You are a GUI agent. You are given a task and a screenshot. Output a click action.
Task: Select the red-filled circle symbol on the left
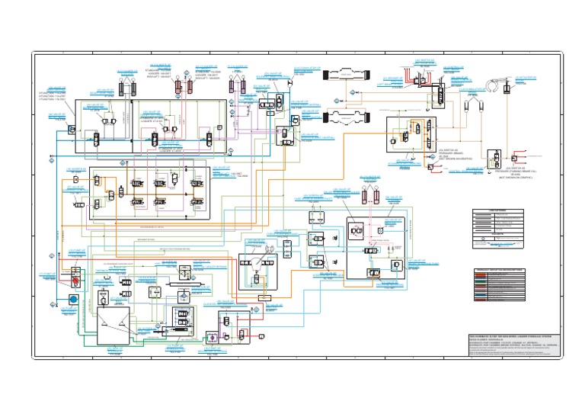(75, 279)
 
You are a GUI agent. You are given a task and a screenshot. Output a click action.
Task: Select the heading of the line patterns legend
(497, 210)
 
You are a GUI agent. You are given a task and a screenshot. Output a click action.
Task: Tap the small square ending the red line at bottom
(262, 335)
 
